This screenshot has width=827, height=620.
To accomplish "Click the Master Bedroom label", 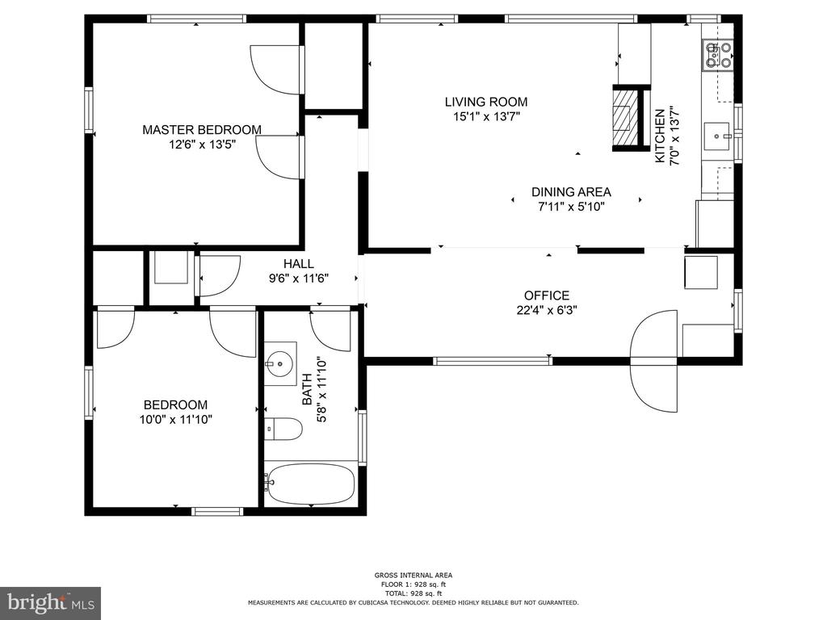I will click(x=202, y=129).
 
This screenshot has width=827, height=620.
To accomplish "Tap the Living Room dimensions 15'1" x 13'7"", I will click(x=486, y=117).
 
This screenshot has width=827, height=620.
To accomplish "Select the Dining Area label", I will click(x=571, y=192).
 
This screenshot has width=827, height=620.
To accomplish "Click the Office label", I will click(x=547, y=295).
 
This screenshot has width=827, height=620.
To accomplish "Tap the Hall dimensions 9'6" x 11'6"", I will click(x=298, y=279).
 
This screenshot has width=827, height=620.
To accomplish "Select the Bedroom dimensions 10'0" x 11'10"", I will click(x=175, y=420).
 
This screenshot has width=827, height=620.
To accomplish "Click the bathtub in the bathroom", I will click(x=311, y=484).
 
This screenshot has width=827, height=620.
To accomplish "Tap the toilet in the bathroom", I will click(x=283, y=429).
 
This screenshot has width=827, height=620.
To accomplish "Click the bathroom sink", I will click(x=280, y=364).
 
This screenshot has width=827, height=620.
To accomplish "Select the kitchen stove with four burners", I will click(x=718, y=55).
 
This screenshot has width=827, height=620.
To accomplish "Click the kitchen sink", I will click(x=717, y=137).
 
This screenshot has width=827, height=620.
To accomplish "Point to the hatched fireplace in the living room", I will click(x=623, y=117).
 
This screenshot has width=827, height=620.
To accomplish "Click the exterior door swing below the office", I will click(x=654, y=387).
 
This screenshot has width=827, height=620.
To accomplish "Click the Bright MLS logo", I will click(x=50, y=602).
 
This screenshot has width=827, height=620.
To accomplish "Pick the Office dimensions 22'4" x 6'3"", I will click(x=547, y=309).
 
